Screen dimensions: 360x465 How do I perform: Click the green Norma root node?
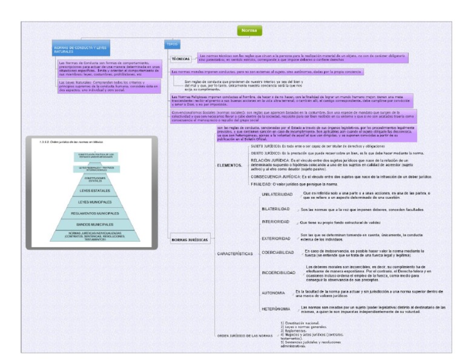click(248, 30)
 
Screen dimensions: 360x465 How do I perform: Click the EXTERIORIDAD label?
click(276, 238)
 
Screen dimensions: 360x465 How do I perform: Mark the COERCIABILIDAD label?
click(278, 253)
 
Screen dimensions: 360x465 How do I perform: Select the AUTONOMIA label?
click(274, 293)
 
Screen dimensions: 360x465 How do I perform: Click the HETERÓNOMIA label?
click(277, 309)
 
